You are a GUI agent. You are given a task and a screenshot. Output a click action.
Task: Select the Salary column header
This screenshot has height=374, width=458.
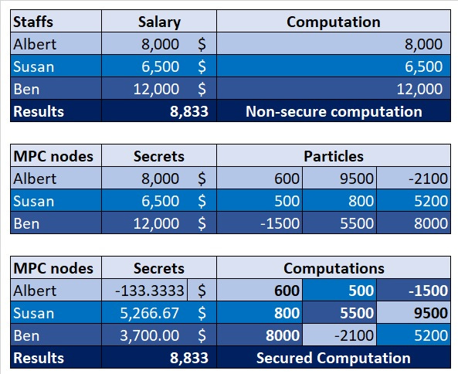tap(159, 22)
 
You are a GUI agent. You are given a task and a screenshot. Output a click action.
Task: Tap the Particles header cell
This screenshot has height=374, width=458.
tap(333, 156)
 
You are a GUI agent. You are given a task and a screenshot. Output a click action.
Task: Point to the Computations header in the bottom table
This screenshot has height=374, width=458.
tap(334, 268)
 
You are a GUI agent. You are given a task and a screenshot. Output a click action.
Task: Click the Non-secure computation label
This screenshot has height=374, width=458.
tap(334, 111)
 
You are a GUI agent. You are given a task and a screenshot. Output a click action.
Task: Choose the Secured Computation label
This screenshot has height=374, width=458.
tap(334, 358)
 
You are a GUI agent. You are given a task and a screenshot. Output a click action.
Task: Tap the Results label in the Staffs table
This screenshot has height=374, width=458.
tap(39, 111)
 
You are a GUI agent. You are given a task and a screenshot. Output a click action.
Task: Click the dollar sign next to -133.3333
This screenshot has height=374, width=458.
tap(202, 291)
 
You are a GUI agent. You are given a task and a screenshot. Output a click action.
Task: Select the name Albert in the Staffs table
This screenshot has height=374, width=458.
tap(36, 44)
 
